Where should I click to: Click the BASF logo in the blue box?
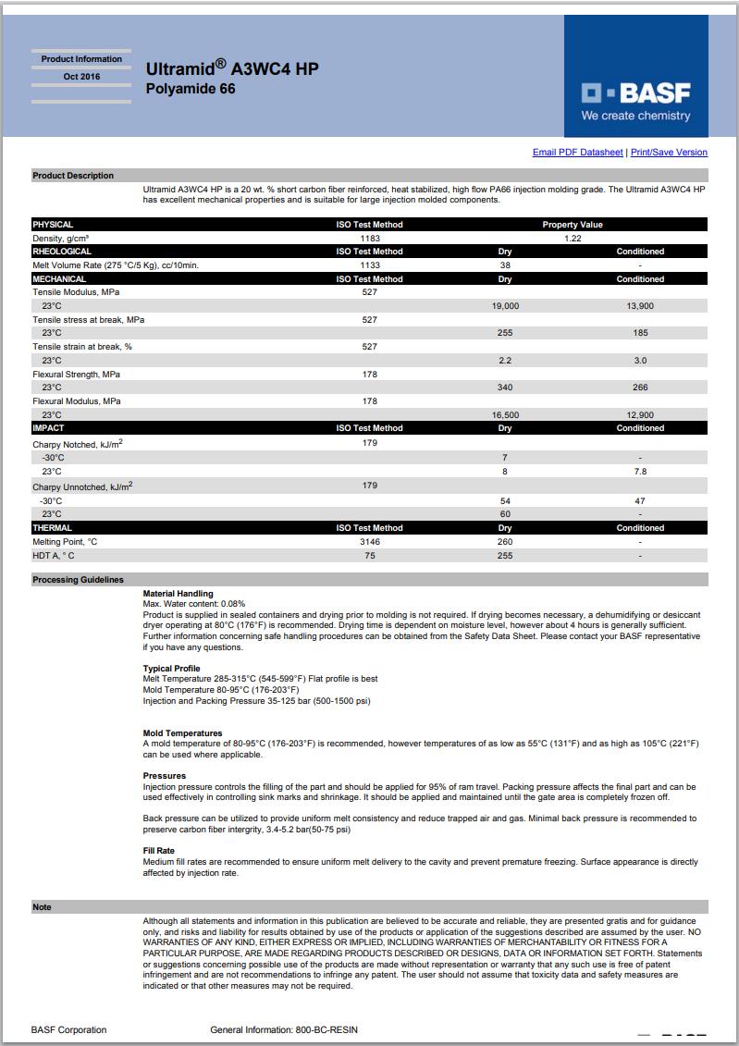click(635, 93)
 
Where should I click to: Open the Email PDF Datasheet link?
click(577, 153)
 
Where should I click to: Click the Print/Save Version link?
click(669, 153)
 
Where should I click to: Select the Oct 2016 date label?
click(81, 77)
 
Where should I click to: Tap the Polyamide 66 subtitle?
click(191, 89)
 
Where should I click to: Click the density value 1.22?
click(573, 238)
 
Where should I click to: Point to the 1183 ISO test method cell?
click(369, 238)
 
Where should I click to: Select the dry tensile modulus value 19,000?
click(505, 305)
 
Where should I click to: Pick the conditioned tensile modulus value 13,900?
click(640, 305)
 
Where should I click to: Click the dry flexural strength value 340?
click(505, 388)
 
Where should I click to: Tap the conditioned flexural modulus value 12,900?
click(640, 415)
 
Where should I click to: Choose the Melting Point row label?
click(65, 542)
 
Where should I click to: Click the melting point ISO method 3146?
click(369, 542)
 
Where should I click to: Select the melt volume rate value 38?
click(505, 265)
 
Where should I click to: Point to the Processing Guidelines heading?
click(78, 580)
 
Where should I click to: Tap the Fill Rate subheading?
click(158, 851)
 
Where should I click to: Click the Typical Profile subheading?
click(172, 668)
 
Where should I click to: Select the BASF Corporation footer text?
click(68, 1029)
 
